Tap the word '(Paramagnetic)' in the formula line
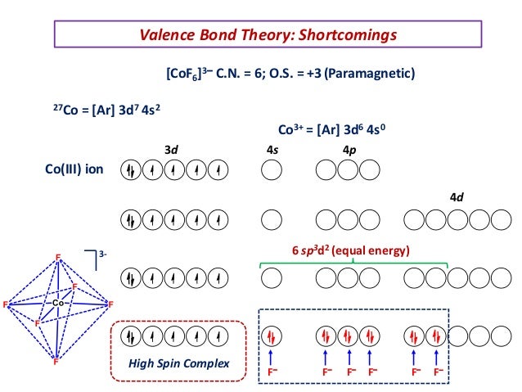[x=372, y=74]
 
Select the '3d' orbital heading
[x=171, y=150]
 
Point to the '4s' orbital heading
[x=272, y=150]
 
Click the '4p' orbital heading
[x=349, y=150]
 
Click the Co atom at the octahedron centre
[x=57, y=304]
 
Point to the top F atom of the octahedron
[x=57, y=258]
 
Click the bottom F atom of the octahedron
[x=56, y=361]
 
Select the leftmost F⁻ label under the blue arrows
[x=272, y=372]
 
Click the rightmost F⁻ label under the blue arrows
[x=439, y=372]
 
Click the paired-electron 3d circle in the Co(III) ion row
[x=130, y=171]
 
